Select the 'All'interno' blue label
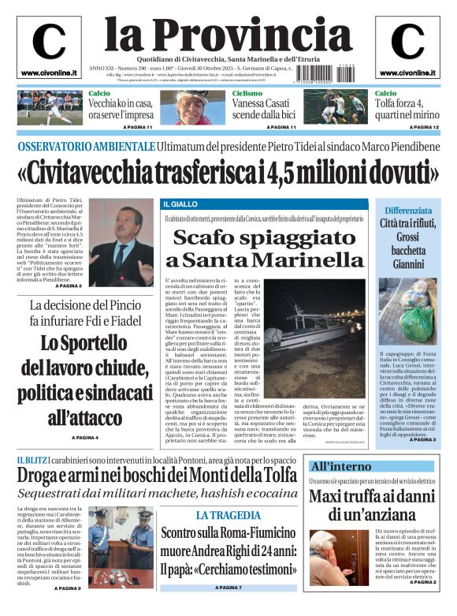pos(340,466)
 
